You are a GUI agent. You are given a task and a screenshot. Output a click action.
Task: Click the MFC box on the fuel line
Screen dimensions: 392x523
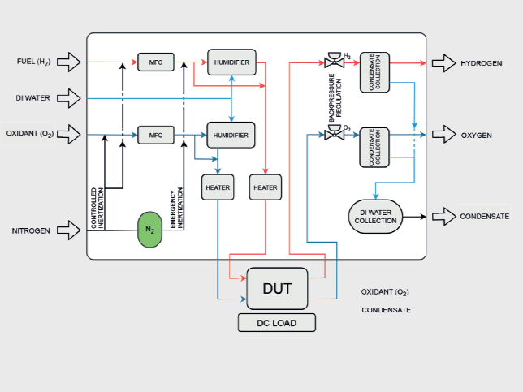click(x=156, y=62)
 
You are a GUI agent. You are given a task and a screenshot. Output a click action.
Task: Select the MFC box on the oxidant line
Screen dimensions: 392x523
click(x=156, y=133)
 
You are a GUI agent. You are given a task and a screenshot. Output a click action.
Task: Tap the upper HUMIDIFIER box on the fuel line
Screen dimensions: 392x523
click(x=231, y=62)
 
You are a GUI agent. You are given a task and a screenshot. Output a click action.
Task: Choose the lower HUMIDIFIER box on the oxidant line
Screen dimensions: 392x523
click(x=231, y=133)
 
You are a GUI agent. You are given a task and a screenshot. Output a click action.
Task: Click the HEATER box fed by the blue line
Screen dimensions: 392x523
click(x=218, y=187)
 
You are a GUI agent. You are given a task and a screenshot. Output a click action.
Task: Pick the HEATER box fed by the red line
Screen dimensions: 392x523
click(x=265, y=187)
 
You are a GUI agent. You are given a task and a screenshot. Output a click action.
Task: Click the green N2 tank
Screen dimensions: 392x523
click(x=150, y=230)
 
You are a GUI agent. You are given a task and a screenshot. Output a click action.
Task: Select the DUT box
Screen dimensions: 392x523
click(x=277, y=288)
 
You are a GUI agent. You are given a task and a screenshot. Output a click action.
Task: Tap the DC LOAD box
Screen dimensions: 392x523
click(x=277, y=323)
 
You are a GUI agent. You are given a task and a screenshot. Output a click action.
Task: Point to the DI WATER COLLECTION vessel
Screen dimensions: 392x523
click(x=375, y=217)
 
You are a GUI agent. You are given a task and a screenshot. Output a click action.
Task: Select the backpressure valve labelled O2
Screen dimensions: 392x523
click(x=332, y=133)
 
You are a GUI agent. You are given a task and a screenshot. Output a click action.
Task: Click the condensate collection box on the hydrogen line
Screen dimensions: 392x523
click(x=375, y=73)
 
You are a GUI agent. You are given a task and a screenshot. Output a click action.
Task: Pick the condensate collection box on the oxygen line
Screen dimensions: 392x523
click(x=375, y=146)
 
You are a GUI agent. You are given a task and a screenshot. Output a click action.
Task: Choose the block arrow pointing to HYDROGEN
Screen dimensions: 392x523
click(x=443, y=62)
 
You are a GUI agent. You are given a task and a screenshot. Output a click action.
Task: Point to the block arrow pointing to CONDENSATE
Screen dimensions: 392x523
click(x=443, y=217)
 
